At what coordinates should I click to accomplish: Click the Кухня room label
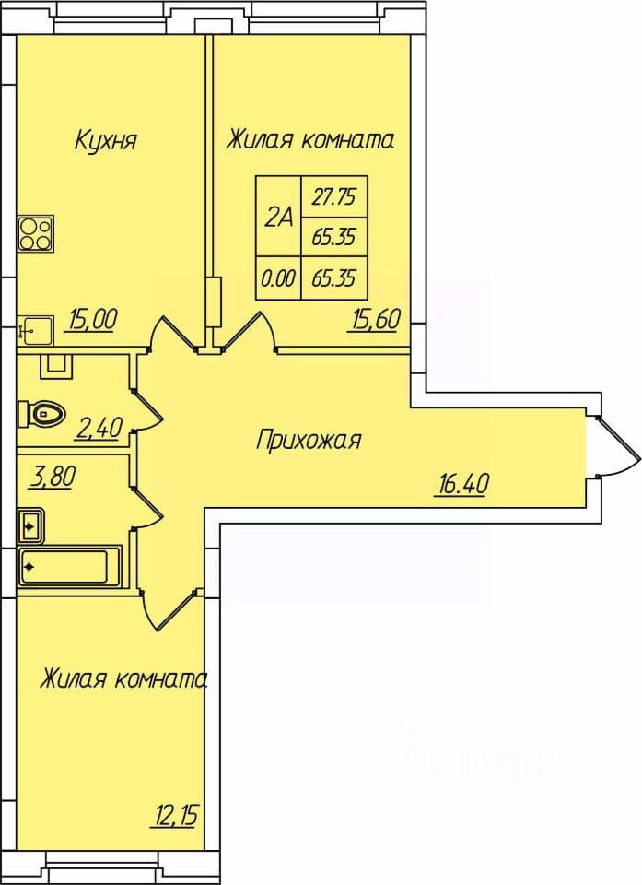click(106, 140)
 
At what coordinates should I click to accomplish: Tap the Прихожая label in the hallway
click(309, 441)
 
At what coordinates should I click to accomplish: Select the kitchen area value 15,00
click(92, 320)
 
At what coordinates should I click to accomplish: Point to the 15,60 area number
click(376, 320)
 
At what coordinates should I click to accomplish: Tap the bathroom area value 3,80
click(52, 478)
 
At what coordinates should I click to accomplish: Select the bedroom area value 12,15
click(175, 815)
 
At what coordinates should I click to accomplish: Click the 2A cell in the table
click(279, 217)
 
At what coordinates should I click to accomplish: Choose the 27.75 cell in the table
click(335, 197)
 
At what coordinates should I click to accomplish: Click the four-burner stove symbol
click(36, 233)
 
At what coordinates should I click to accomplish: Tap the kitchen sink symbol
click(36, 330)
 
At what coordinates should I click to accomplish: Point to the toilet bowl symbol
click(41, 414)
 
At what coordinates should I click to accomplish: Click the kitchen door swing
click(172, 335)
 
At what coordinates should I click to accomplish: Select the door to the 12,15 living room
click(169, 609)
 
